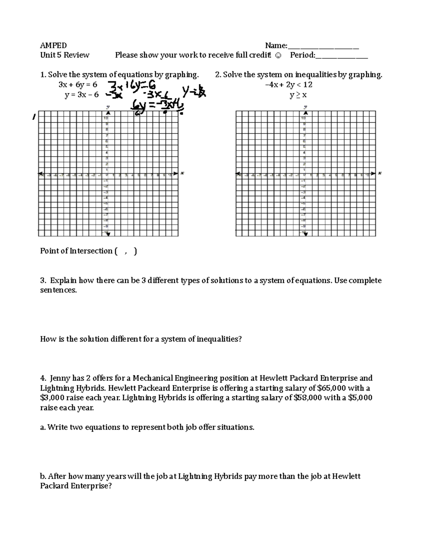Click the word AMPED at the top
pos(53,45)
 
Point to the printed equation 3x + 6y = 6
pos(78,85)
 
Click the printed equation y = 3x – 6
pos(81,95)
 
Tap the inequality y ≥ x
pos(298,95)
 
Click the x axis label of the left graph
pos(182,173)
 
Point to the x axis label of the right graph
pos(380,173)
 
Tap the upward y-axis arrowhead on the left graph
pos(108,113)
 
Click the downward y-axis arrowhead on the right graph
pos(306,234)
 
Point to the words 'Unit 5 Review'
pos(64,55)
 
